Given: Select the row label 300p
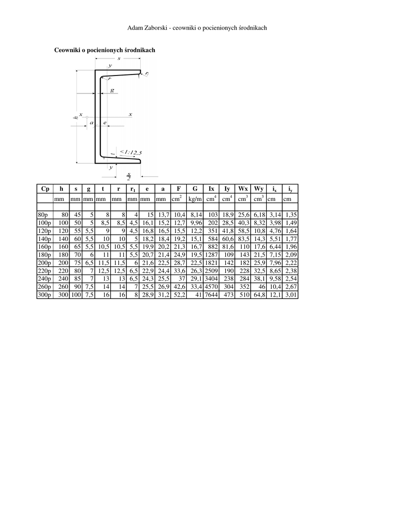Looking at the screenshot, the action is click(44, 295).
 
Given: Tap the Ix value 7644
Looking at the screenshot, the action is click(212, 295).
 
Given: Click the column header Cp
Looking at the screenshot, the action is click(45, 188).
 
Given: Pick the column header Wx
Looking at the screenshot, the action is click(243, 188).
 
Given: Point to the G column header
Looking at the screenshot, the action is click(195, 188).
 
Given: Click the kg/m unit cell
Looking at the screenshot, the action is click(195, 199).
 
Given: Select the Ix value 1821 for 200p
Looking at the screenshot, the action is click(212, 263).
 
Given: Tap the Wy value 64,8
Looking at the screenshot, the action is click(259, 295).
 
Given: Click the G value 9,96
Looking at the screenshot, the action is click(196, 222).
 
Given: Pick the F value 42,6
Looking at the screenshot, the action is click(178, 287).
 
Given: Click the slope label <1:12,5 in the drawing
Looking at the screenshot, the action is click(131, 152).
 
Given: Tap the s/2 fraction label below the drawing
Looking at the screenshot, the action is click(128, 176).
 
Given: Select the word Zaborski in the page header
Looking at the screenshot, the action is click(154, 27).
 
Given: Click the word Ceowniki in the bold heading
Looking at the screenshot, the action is click(68, 50).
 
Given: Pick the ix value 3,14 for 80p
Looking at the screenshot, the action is click(274, 214).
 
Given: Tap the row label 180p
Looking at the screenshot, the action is click(44, 255).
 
